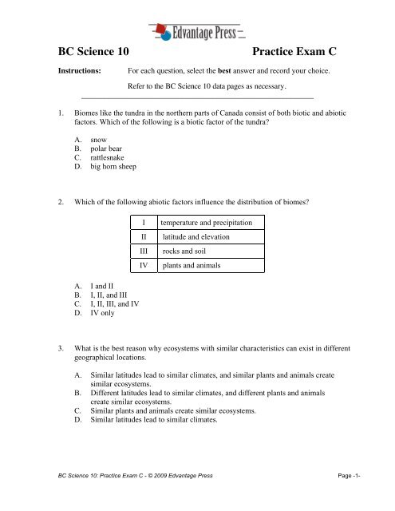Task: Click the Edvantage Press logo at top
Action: [197, 31]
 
